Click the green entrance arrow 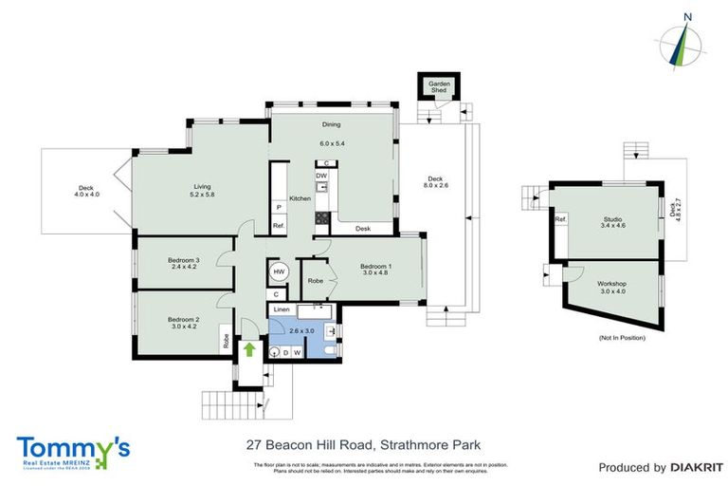(x=250, y=349)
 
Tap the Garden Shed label (x=438, y=87)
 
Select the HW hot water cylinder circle (x=279, y=272)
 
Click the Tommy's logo (x=72, y=448)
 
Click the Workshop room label (x=612, y=284)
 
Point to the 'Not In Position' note (x=622, y=338)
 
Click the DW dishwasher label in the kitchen (x=322, y=176)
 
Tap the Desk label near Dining (x=363, y=229)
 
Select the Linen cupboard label (x=282, y=309)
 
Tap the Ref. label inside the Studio (x=560, y=219)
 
